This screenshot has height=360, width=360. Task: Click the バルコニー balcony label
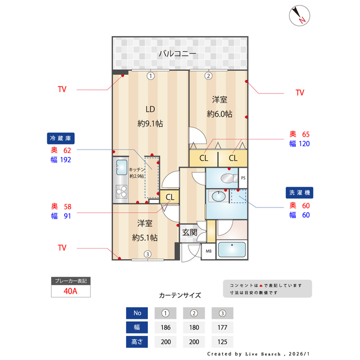point(177,54)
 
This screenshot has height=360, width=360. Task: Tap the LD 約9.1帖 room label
point(150,116)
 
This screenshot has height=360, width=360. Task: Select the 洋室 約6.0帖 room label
point(219,106)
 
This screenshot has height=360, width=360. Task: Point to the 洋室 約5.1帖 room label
point(145,230)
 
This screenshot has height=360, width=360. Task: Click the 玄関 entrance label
point(190,232)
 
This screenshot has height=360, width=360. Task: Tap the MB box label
point(208,251)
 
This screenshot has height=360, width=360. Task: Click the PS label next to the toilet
point(243,178)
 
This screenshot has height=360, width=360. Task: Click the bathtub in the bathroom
point(232,249)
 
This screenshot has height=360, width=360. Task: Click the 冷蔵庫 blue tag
point(61,138)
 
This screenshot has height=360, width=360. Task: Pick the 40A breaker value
point(70,291)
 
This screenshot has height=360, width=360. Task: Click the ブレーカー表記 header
point(70,281)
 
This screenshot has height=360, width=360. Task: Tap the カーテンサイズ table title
point(180,295)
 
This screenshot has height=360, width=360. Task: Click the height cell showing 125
point(223,341)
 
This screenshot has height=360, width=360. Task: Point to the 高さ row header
point(137,341)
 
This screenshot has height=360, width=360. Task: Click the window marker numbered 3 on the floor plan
point(147,254)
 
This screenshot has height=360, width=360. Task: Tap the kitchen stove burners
point(122,193)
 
